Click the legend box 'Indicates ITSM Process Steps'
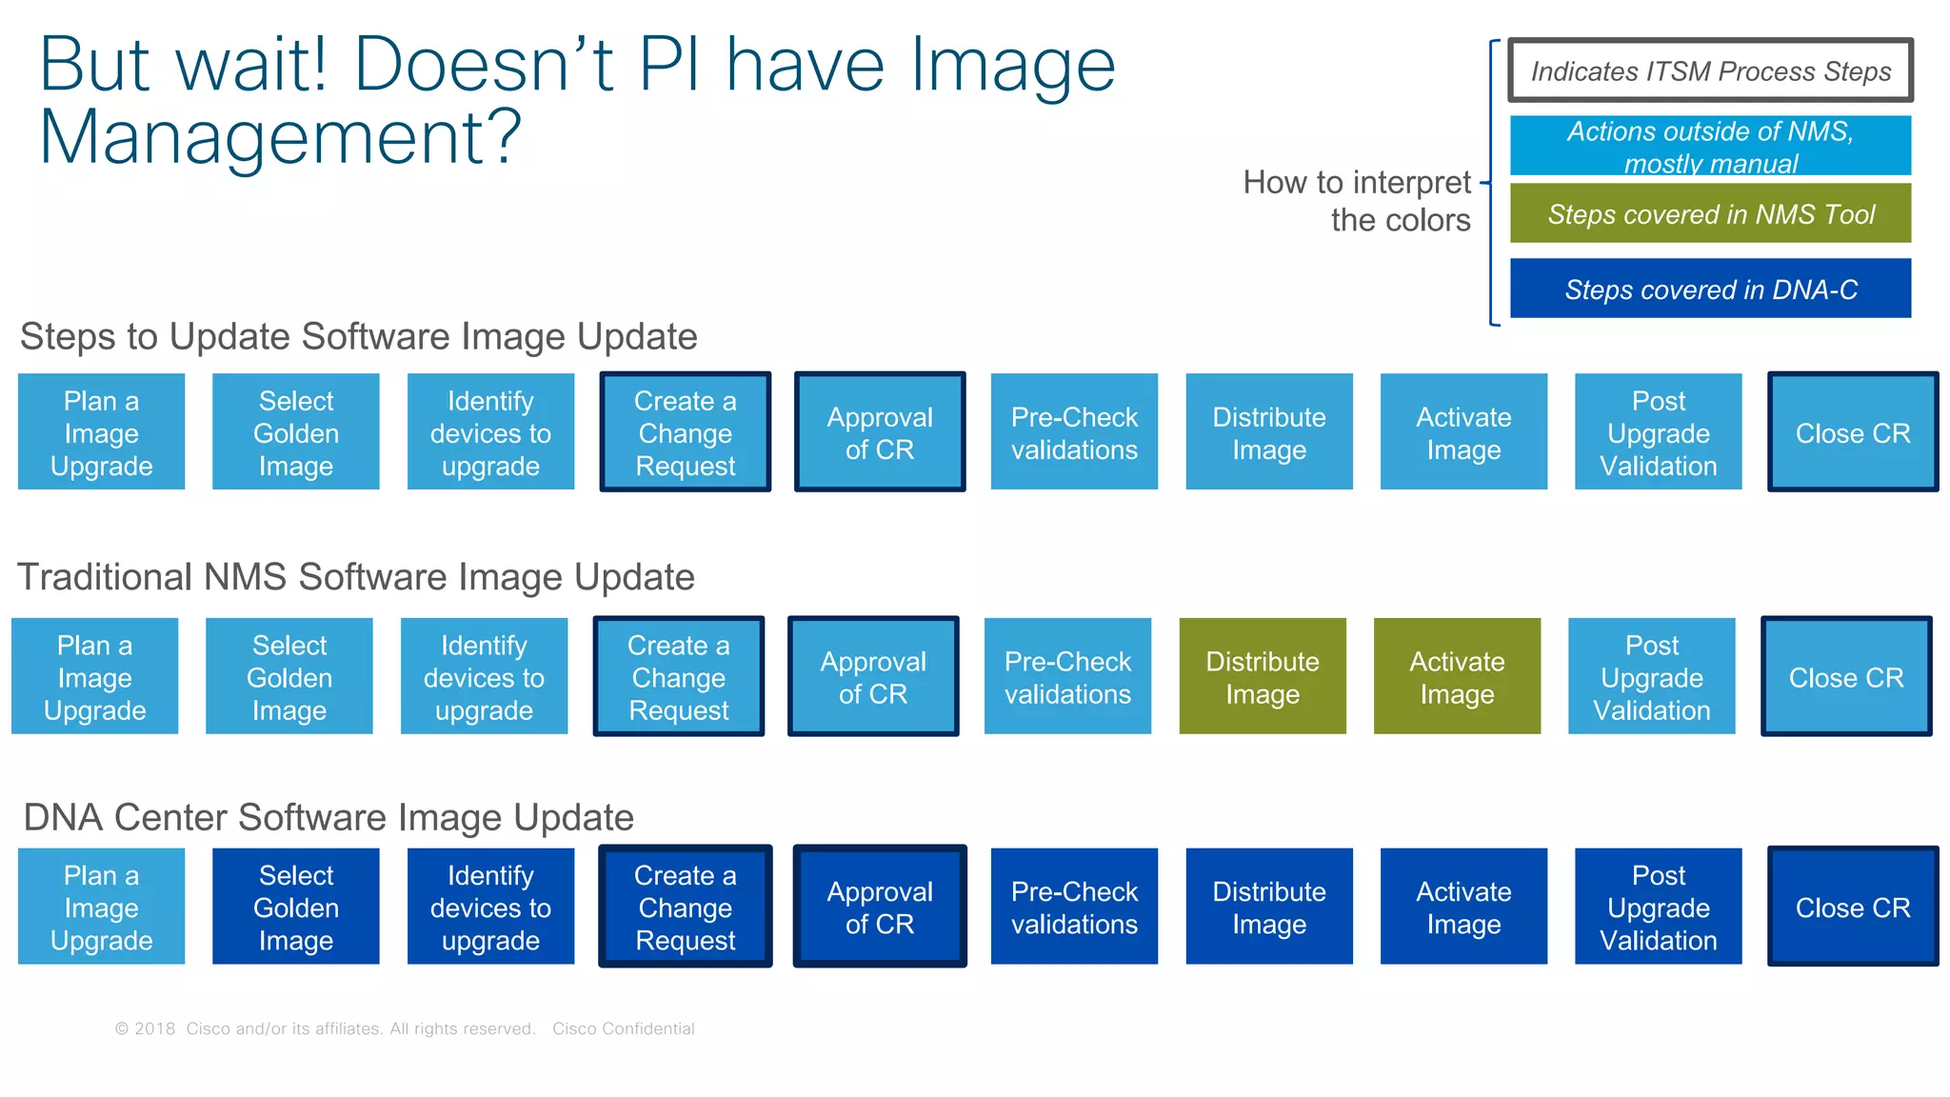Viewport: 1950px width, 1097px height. pos(1710,70)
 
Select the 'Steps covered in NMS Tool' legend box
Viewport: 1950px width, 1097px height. pos(1710,213)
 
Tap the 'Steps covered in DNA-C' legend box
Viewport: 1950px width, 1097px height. pos(1710,289)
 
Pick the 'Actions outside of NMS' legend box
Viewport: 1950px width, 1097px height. pos(1710,146)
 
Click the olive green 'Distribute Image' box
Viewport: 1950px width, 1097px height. pos(1263,676)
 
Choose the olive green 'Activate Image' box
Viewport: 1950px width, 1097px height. pos(1457,676)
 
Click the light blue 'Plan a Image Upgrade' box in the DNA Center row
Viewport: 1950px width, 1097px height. pos(101,907)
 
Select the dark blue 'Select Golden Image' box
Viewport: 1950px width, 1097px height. pos(295,907)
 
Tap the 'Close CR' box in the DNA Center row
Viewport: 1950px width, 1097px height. pos(1853,907)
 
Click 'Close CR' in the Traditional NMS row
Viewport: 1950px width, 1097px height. pos(1846,676)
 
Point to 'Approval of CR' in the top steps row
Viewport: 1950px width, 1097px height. pos(880,432)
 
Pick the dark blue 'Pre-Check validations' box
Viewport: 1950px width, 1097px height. pos(1074,907)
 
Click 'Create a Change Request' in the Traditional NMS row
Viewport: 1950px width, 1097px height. pos(679,676)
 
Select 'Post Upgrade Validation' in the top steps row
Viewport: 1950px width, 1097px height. pos(1659,432)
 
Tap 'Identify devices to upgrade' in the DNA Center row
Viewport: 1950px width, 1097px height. pos(490,907)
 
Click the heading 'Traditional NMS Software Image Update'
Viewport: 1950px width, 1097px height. pos(356,577)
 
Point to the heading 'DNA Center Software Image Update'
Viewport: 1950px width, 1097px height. pos(328,817)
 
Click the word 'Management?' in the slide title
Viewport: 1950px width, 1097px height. pos(281,136)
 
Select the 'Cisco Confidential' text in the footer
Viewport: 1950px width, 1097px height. pos(624,1028)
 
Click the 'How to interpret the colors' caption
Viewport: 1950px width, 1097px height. pos(1358,201)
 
